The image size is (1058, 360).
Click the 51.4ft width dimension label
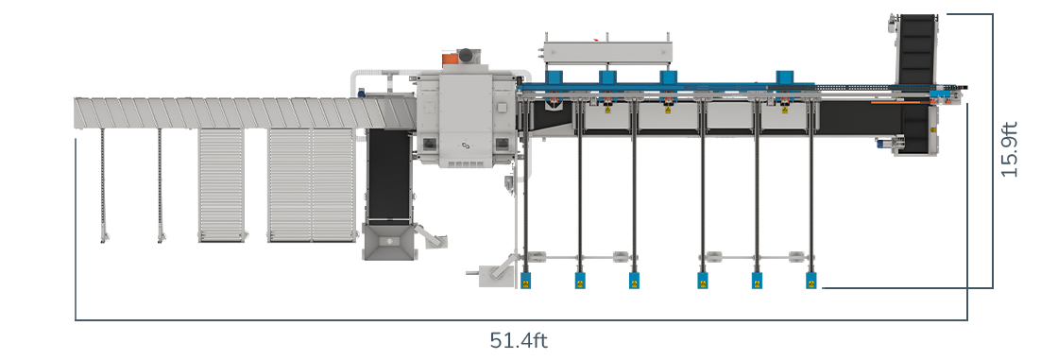519,340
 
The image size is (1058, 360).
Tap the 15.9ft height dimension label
1009,149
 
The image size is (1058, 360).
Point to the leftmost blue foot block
525,281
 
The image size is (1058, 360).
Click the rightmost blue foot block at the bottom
811,281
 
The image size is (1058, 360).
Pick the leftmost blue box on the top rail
554,77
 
